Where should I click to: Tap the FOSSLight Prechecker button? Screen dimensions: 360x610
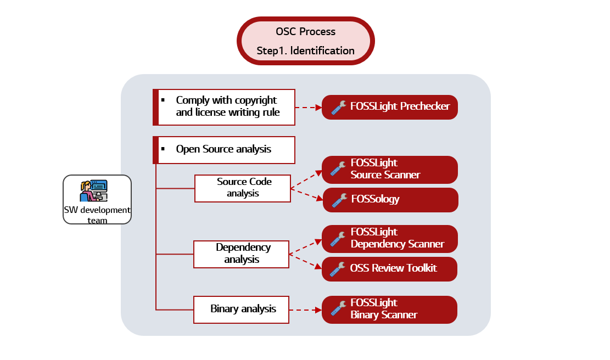click(389, 107)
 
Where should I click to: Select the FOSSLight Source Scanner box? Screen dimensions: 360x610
click(389, 169)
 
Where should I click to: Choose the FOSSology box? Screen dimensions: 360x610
click(389, 200)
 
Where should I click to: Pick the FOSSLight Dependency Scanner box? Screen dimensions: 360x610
click(389, 238)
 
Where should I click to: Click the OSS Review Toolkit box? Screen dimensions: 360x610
click(389, 269)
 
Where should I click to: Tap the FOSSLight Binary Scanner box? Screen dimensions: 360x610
click(389, 309)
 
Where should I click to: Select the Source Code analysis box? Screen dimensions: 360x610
click(242, 188)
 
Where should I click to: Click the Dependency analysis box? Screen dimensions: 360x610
click(241, 254)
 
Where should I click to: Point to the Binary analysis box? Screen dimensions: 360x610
click(241, 309)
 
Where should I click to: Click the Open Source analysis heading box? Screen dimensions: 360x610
click(224, 150)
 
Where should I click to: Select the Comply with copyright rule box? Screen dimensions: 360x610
click(224, 106)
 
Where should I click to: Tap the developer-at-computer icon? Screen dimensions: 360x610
click(94, 191)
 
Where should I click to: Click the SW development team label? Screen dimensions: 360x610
click(97, 215)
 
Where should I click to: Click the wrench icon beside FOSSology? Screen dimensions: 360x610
click(339, 200)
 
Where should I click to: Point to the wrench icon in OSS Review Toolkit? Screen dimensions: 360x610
click(338, 269)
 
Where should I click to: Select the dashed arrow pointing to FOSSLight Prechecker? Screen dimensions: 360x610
click(308, 108)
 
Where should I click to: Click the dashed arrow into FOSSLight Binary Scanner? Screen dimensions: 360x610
click(305, 310)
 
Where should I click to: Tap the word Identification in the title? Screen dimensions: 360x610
click(322, 50)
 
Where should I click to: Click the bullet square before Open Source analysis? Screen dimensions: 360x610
click(163, 149)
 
